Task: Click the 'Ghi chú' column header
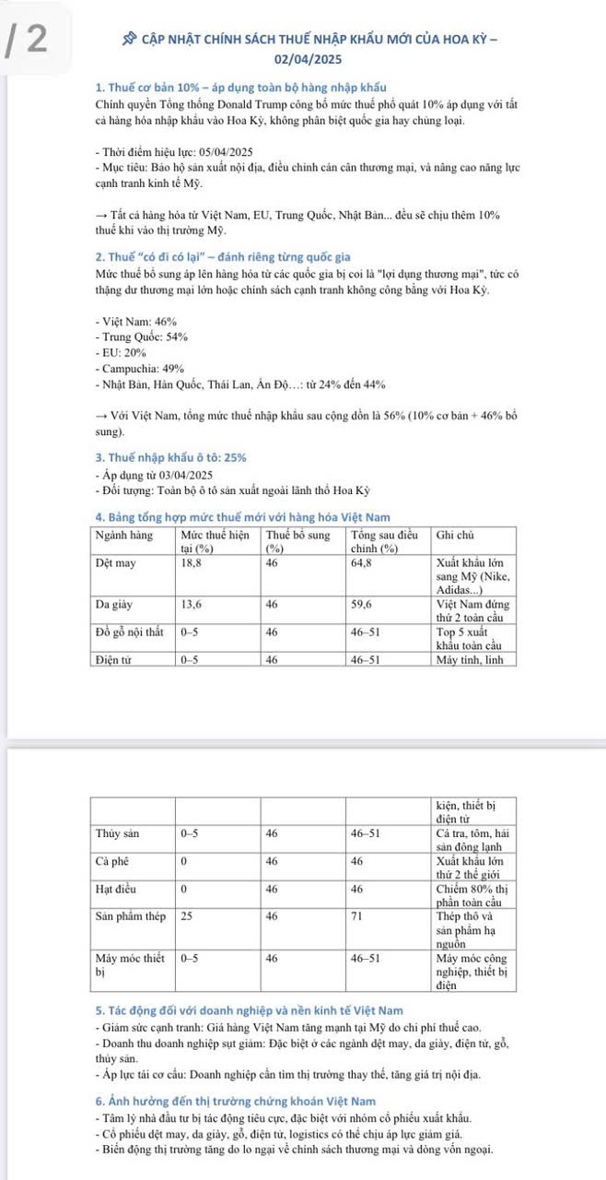[454, 534]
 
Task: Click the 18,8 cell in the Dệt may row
[191, 561]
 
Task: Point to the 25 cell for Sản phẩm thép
[187, 917]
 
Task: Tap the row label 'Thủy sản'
[117, 833]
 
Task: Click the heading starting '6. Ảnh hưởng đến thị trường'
[235, 1102]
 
